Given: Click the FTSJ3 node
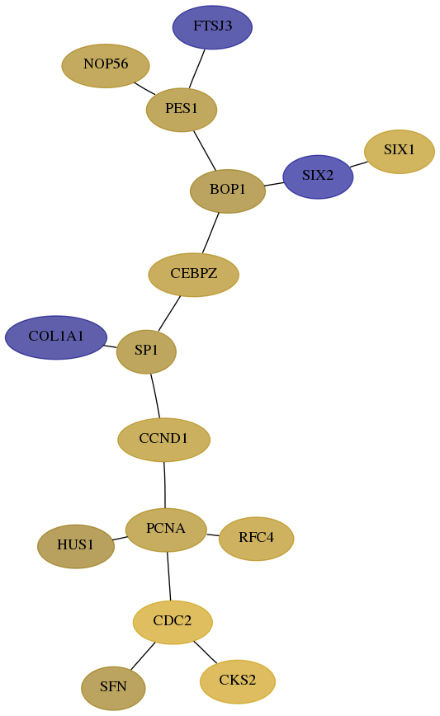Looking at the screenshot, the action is [x=212, y=27].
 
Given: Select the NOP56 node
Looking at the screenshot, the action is [x=106, y=66].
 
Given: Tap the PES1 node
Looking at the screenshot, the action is [x=182, y=110].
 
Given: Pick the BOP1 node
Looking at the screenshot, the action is [x=228, y=191].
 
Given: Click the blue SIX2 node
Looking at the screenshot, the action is [x=318, y=177].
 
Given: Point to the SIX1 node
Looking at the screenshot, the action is [x=400, y=152].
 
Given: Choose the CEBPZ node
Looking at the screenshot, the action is [x=194, y=275].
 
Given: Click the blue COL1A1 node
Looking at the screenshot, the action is [x=56, y=337].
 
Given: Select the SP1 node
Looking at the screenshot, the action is [x=146, y=351].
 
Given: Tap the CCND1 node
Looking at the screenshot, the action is [x=164, y=440].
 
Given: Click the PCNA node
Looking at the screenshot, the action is [x=166, y=530].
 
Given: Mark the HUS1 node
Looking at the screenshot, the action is [x=76, y=546].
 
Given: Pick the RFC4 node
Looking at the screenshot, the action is [x=257, y=539].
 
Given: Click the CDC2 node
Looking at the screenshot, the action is [x=173, y=623].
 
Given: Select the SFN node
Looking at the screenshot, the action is [x=113, y=688].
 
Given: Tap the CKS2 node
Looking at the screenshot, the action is [x=238, y=681].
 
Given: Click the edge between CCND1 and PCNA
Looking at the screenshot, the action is [x=164, y=485].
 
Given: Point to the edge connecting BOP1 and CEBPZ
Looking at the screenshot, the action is [x=211, y=233].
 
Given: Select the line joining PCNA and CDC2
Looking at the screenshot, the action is [x=168, y=577].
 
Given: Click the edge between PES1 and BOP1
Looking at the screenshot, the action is [x=205, y=150].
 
